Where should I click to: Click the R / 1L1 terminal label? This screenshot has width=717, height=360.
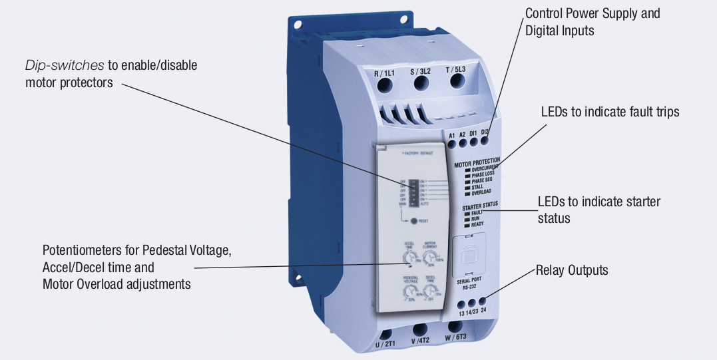(x=385, y=74)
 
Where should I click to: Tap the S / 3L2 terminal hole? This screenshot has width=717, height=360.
(x=421, y=83)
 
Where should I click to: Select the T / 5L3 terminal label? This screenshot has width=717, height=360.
(x=457, y=69)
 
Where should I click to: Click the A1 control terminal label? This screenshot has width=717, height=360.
(x=451, y=135)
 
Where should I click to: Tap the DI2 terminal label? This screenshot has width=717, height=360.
(x=485, y=132)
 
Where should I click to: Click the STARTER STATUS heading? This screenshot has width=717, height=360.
(x=479, y=208)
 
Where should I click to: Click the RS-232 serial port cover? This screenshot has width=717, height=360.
(x=474, y=256)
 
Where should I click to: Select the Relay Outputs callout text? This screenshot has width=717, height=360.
(x=572, y=271)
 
